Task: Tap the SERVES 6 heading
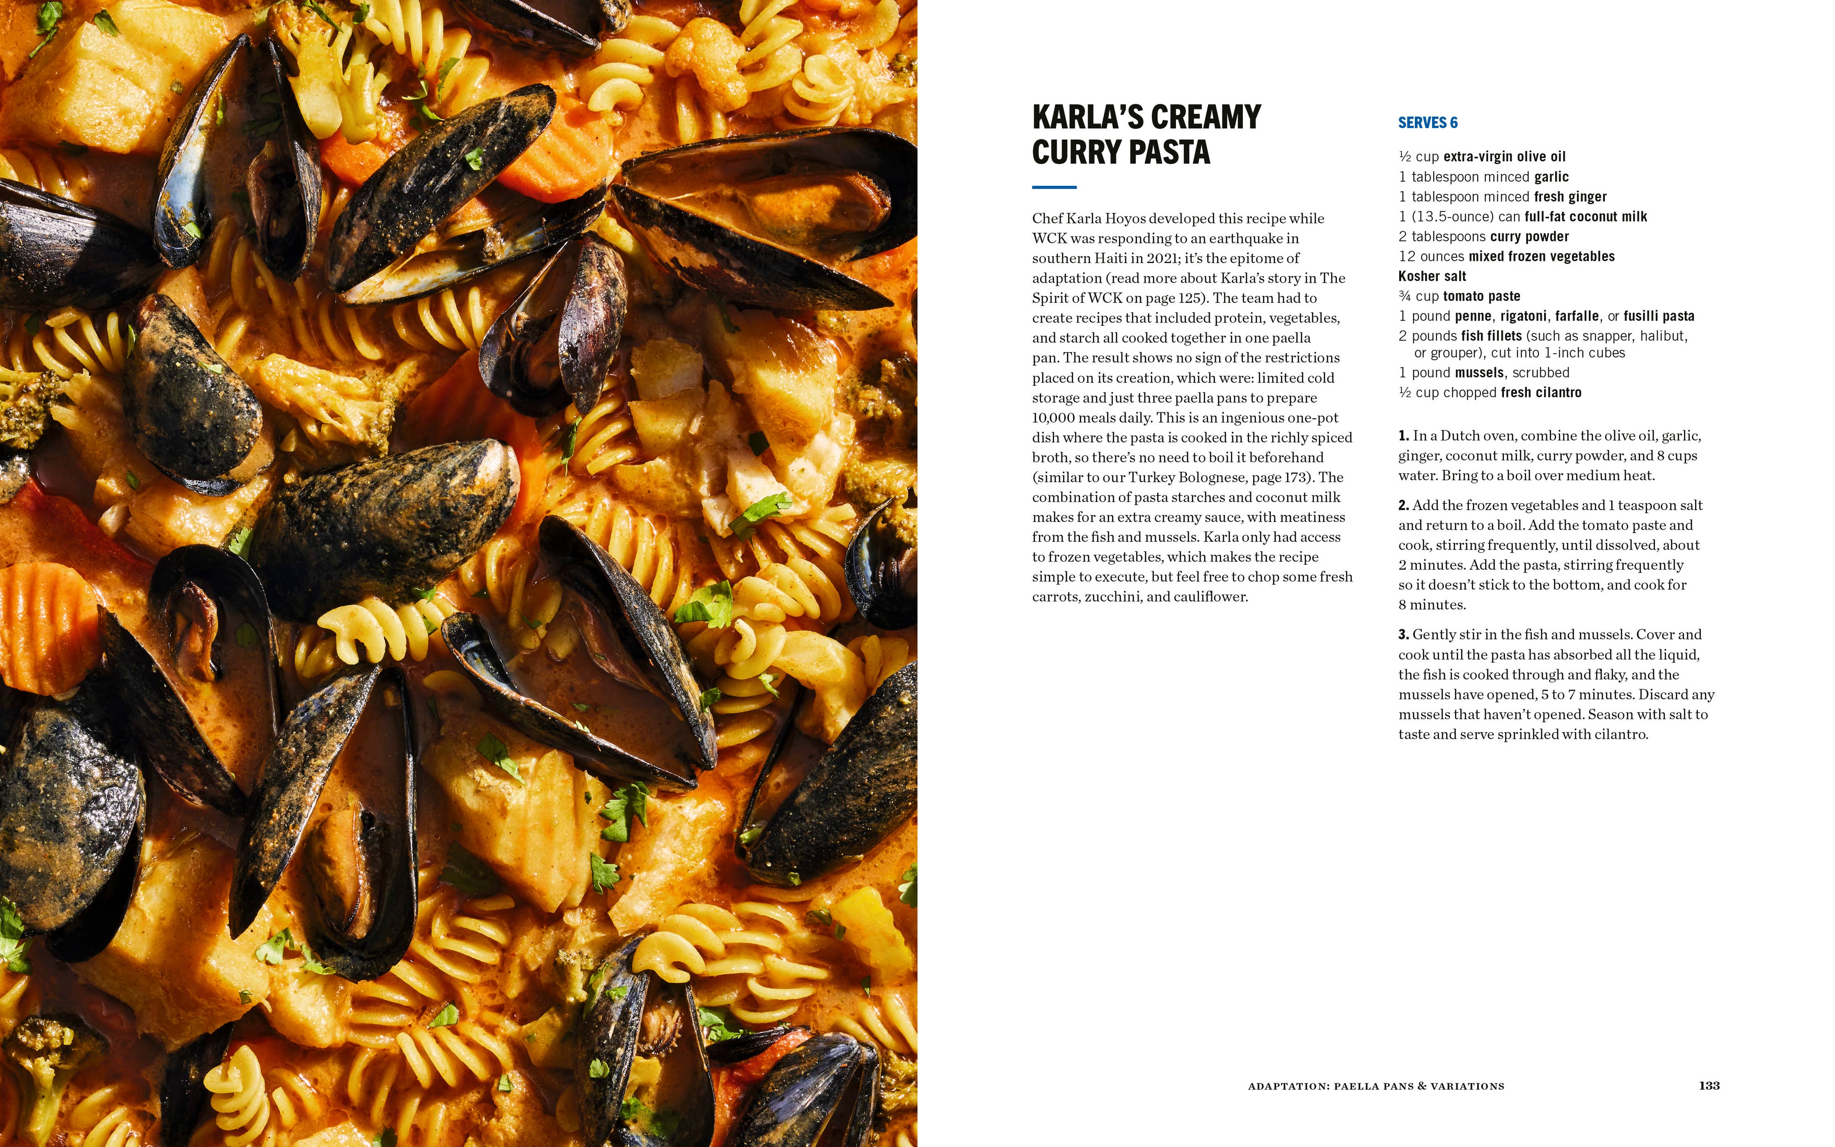pyautogui.click(x=1427, y=123)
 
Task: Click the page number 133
pyautogui.click(x=1709, y=1085)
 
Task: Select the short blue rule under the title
pyautogui.click(x=1054, y=187)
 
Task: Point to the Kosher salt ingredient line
pyautogui.click(x=1432, y=276)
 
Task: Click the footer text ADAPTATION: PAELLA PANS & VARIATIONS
pyautogui.click(x=1375, y=1086)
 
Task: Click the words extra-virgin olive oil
pyautogui.click(x=1503, y=157)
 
